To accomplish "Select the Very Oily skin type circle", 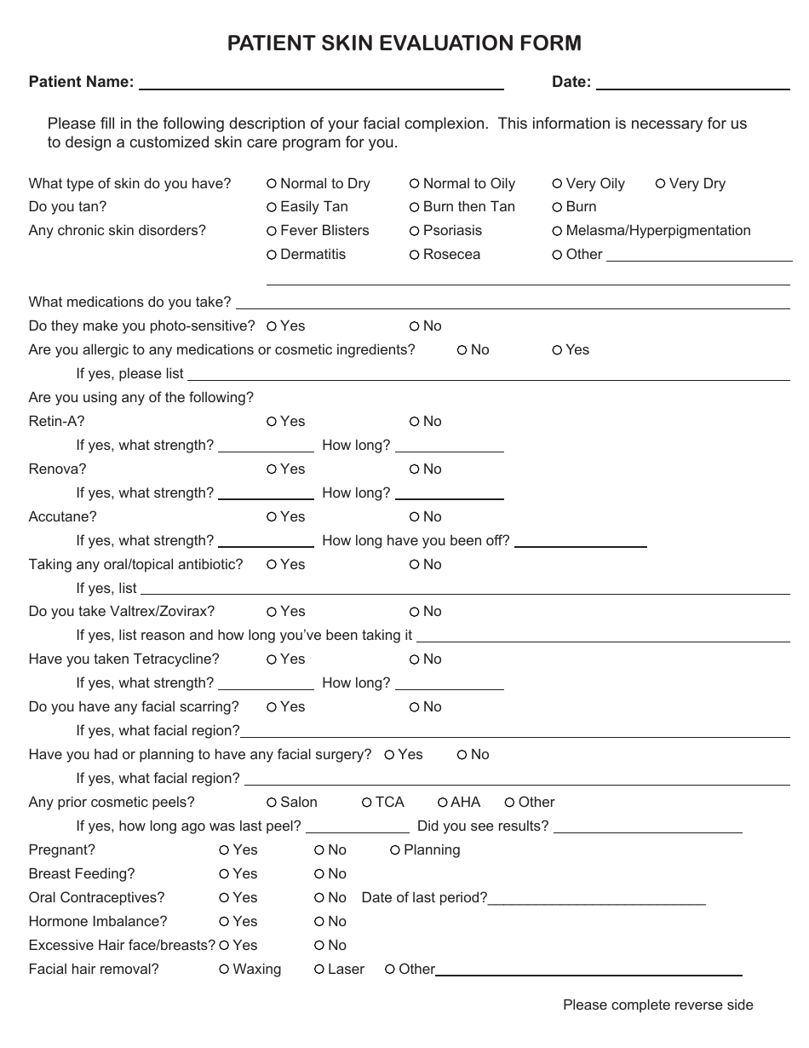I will (557, 183).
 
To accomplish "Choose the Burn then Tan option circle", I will (414, 207).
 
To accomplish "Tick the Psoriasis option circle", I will (414, 231).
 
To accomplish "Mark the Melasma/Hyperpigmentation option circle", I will (557, 231).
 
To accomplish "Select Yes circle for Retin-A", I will (271, 421).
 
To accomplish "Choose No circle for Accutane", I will (414, 516).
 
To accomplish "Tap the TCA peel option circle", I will (366, 803).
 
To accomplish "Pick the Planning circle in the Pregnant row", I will (395, 850).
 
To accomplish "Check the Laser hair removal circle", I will (319, 969).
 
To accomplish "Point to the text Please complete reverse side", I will (657, 1005).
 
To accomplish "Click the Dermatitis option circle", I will (271, 255).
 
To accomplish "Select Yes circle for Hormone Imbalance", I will (224, 921).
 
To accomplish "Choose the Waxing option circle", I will (224, 969).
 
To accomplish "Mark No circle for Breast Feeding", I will (319, 874).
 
